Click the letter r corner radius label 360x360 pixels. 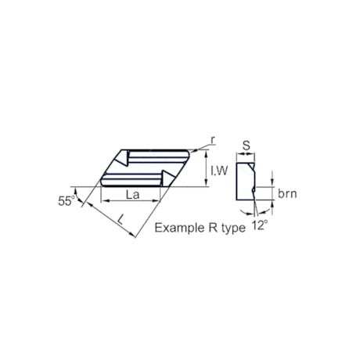[212, 140]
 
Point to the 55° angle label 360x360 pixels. [67, 200]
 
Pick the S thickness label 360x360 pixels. [247, 144]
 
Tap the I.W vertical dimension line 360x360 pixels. [207, 168]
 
